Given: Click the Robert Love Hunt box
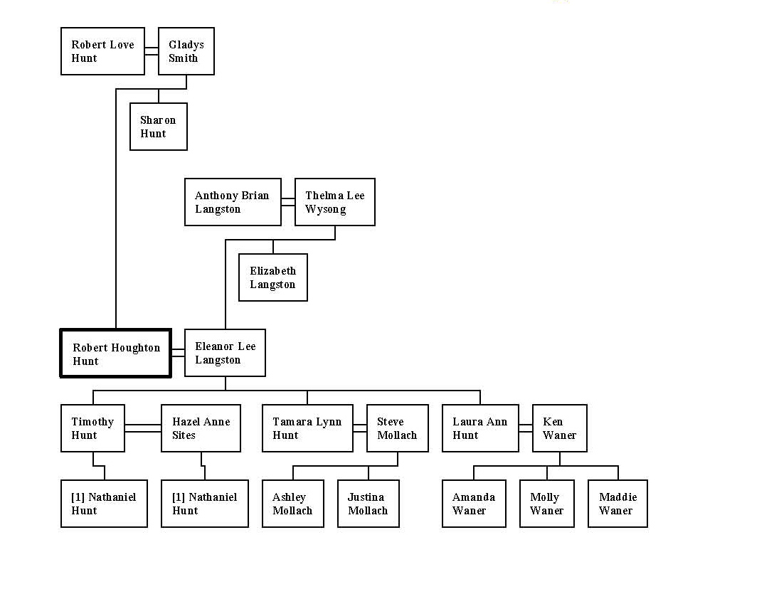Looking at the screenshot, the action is click(x=102, y=51).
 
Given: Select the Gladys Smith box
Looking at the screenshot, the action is click(x=186, y=51).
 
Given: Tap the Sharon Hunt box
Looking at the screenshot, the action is click(x=159, y=127).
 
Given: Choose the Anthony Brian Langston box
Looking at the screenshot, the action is click(x=233, y=202).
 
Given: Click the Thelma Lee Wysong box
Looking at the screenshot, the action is click(x=335, y=202).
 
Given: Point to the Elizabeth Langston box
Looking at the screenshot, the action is click(x=273, y=277).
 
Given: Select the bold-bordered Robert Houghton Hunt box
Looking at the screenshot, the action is click(x=115, y=353).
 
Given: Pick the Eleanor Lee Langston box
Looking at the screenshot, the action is click(x=225, y=353).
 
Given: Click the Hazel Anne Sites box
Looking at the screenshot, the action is click(x=201, y=428).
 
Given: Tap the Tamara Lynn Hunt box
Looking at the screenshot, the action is click(x=307, y=428).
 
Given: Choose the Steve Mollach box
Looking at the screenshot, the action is click(x=398, y=428).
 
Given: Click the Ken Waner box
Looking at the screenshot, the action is click(x=560, y=428).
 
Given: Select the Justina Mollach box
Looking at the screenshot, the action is click(x=369, y=504).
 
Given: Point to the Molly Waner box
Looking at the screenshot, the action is click(x=547, y=504).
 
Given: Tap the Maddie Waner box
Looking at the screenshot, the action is click(x=617, y=504).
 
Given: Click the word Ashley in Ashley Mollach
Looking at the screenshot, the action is click(x=290, y=497).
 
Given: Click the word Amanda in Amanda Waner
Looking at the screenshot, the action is click(x=474, y=497).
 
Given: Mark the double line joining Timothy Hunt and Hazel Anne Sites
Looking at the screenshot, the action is click(x=143, y=428).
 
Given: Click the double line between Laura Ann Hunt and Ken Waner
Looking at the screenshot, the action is click(x=525, y=428).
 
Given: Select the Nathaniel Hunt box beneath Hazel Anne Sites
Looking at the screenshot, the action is click(x=205, y=504).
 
